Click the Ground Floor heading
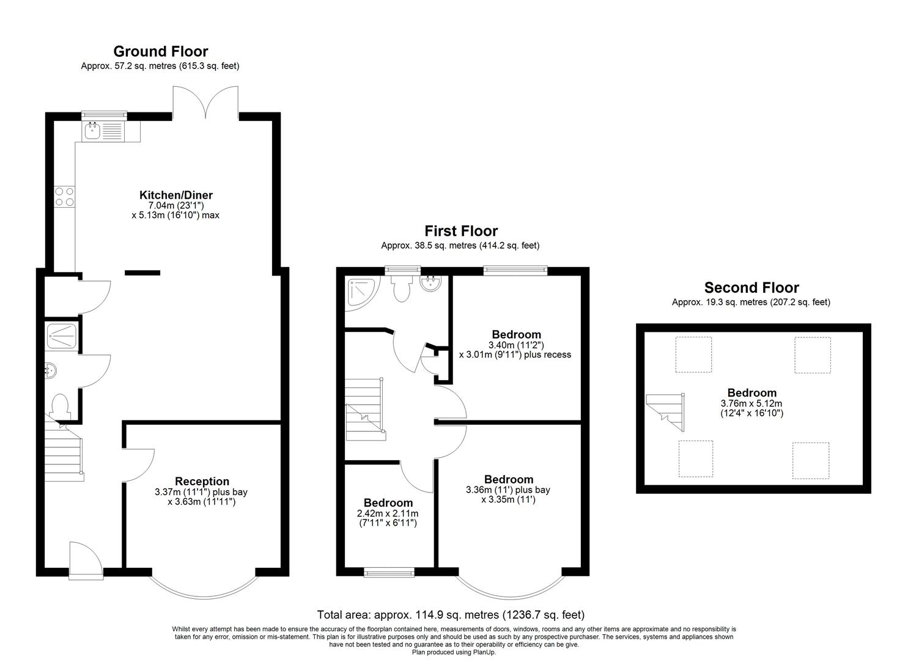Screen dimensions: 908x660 tap(161, 51)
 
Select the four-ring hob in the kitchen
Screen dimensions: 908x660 tap(64, 196)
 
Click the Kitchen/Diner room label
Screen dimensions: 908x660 tap(176, 195)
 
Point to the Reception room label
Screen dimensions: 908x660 tap(202, 482)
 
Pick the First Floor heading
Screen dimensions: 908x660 tap(461, 232)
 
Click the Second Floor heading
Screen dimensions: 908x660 tap(751, 288)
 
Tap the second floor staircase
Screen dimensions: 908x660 tap(665, 412)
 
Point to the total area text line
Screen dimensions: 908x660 tap(451, 615)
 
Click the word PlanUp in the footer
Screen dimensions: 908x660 tap(484, 652)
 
